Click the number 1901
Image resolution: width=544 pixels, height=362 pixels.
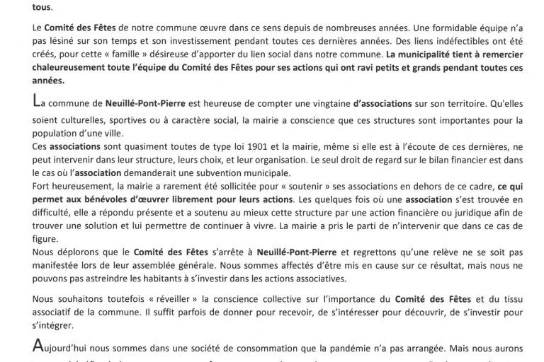(214, 144)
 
